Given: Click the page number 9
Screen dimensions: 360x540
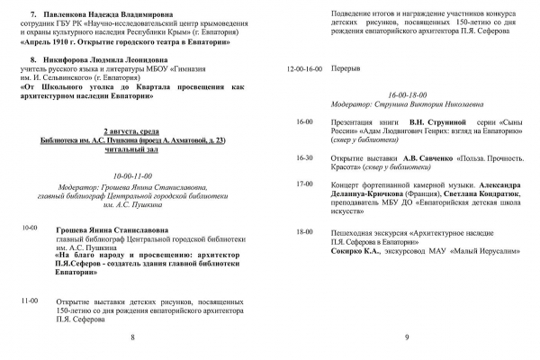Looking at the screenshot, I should pyautogui.click(x=407, y=337).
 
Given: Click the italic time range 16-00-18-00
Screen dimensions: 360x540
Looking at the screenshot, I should pyautogui.click(x=407, y=93).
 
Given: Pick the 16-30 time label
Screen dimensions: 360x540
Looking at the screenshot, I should pyautogui.click(x=304, y=157).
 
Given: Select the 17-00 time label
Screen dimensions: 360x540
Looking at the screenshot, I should pyautogui.click(x=304, y=183).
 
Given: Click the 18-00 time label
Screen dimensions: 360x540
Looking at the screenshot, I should pyautogui.click(x=304, y=231).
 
